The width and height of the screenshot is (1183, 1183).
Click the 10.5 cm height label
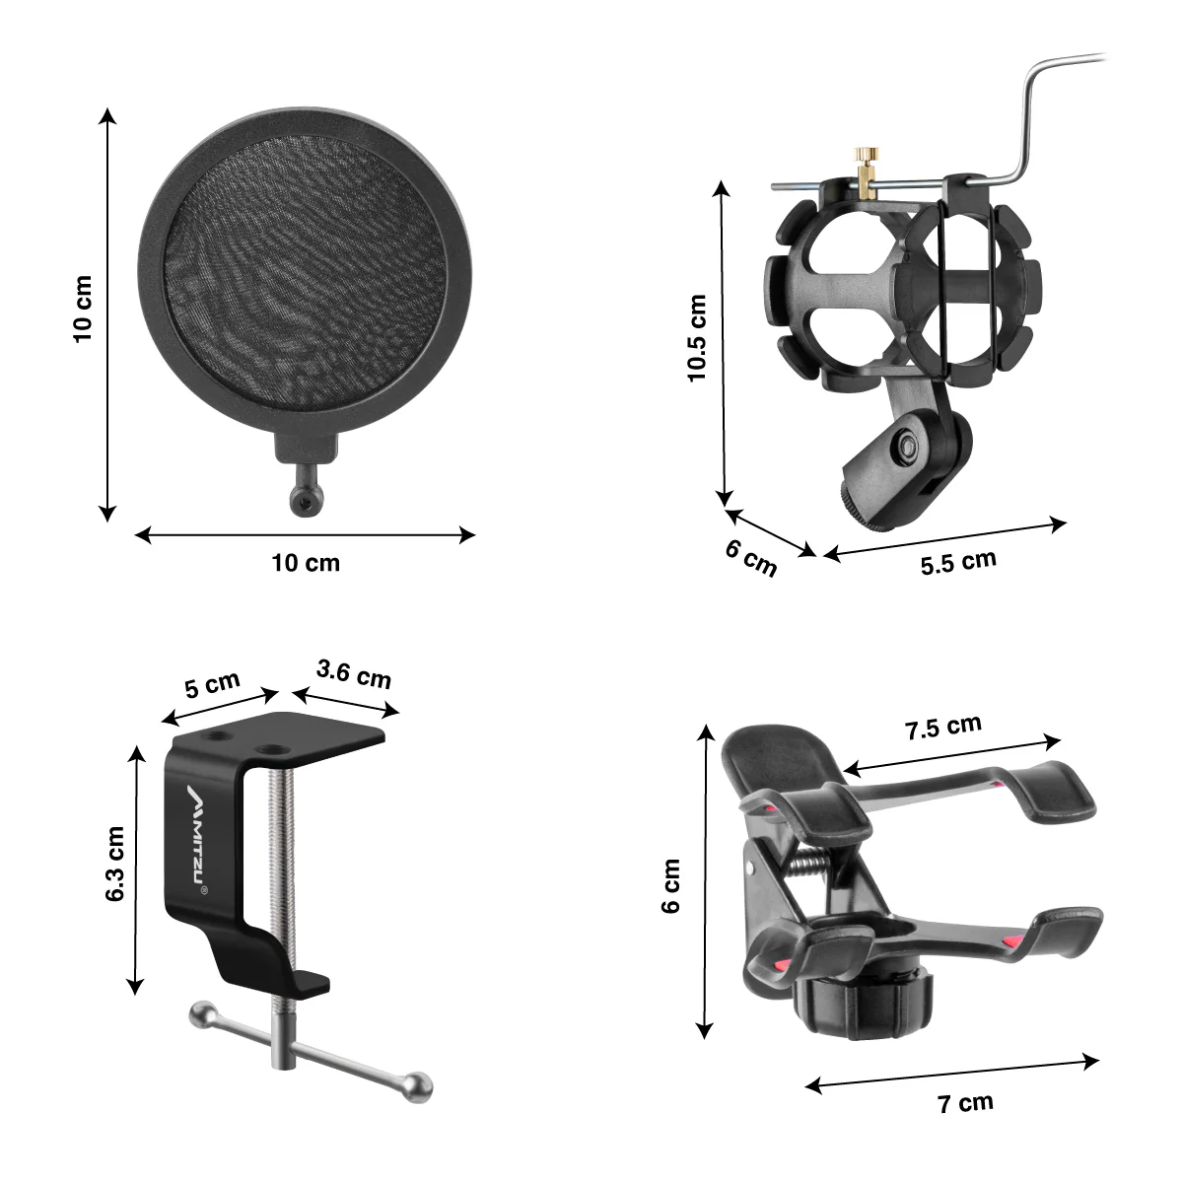pos(697,338)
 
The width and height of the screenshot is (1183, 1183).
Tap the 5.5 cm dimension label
pos(958,562)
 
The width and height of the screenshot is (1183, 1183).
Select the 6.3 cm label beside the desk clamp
pos(114,864)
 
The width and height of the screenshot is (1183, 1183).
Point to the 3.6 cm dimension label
pos(354,674)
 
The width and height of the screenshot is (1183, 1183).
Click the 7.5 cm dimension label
pos(943,728)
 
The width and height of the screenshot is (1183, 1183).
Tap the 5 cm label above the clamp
pos(212,684)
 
